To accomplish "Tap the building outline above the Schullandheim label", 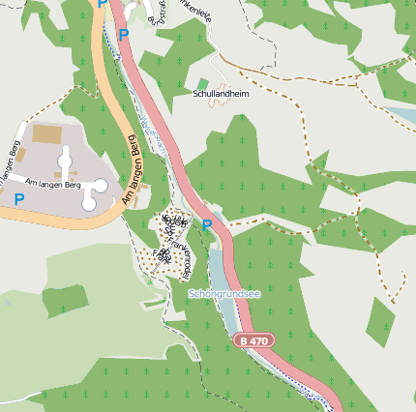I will click(223, 76).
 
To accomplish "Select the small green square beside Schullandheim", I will click(202, 84).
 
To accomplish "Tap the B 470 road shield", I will click(252, 340).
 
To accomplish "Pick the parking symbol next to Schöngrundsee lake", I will click(207, 224).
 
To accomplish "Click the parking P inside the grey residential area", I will click(18, 199).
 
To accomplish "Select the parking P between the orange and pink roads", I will click(123, 35).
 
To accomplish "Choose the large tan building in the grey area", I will click(45, 133).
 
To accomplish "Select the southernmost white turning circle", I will click(89, 201).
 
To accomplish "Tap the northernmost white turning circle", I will click(65, 155).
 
